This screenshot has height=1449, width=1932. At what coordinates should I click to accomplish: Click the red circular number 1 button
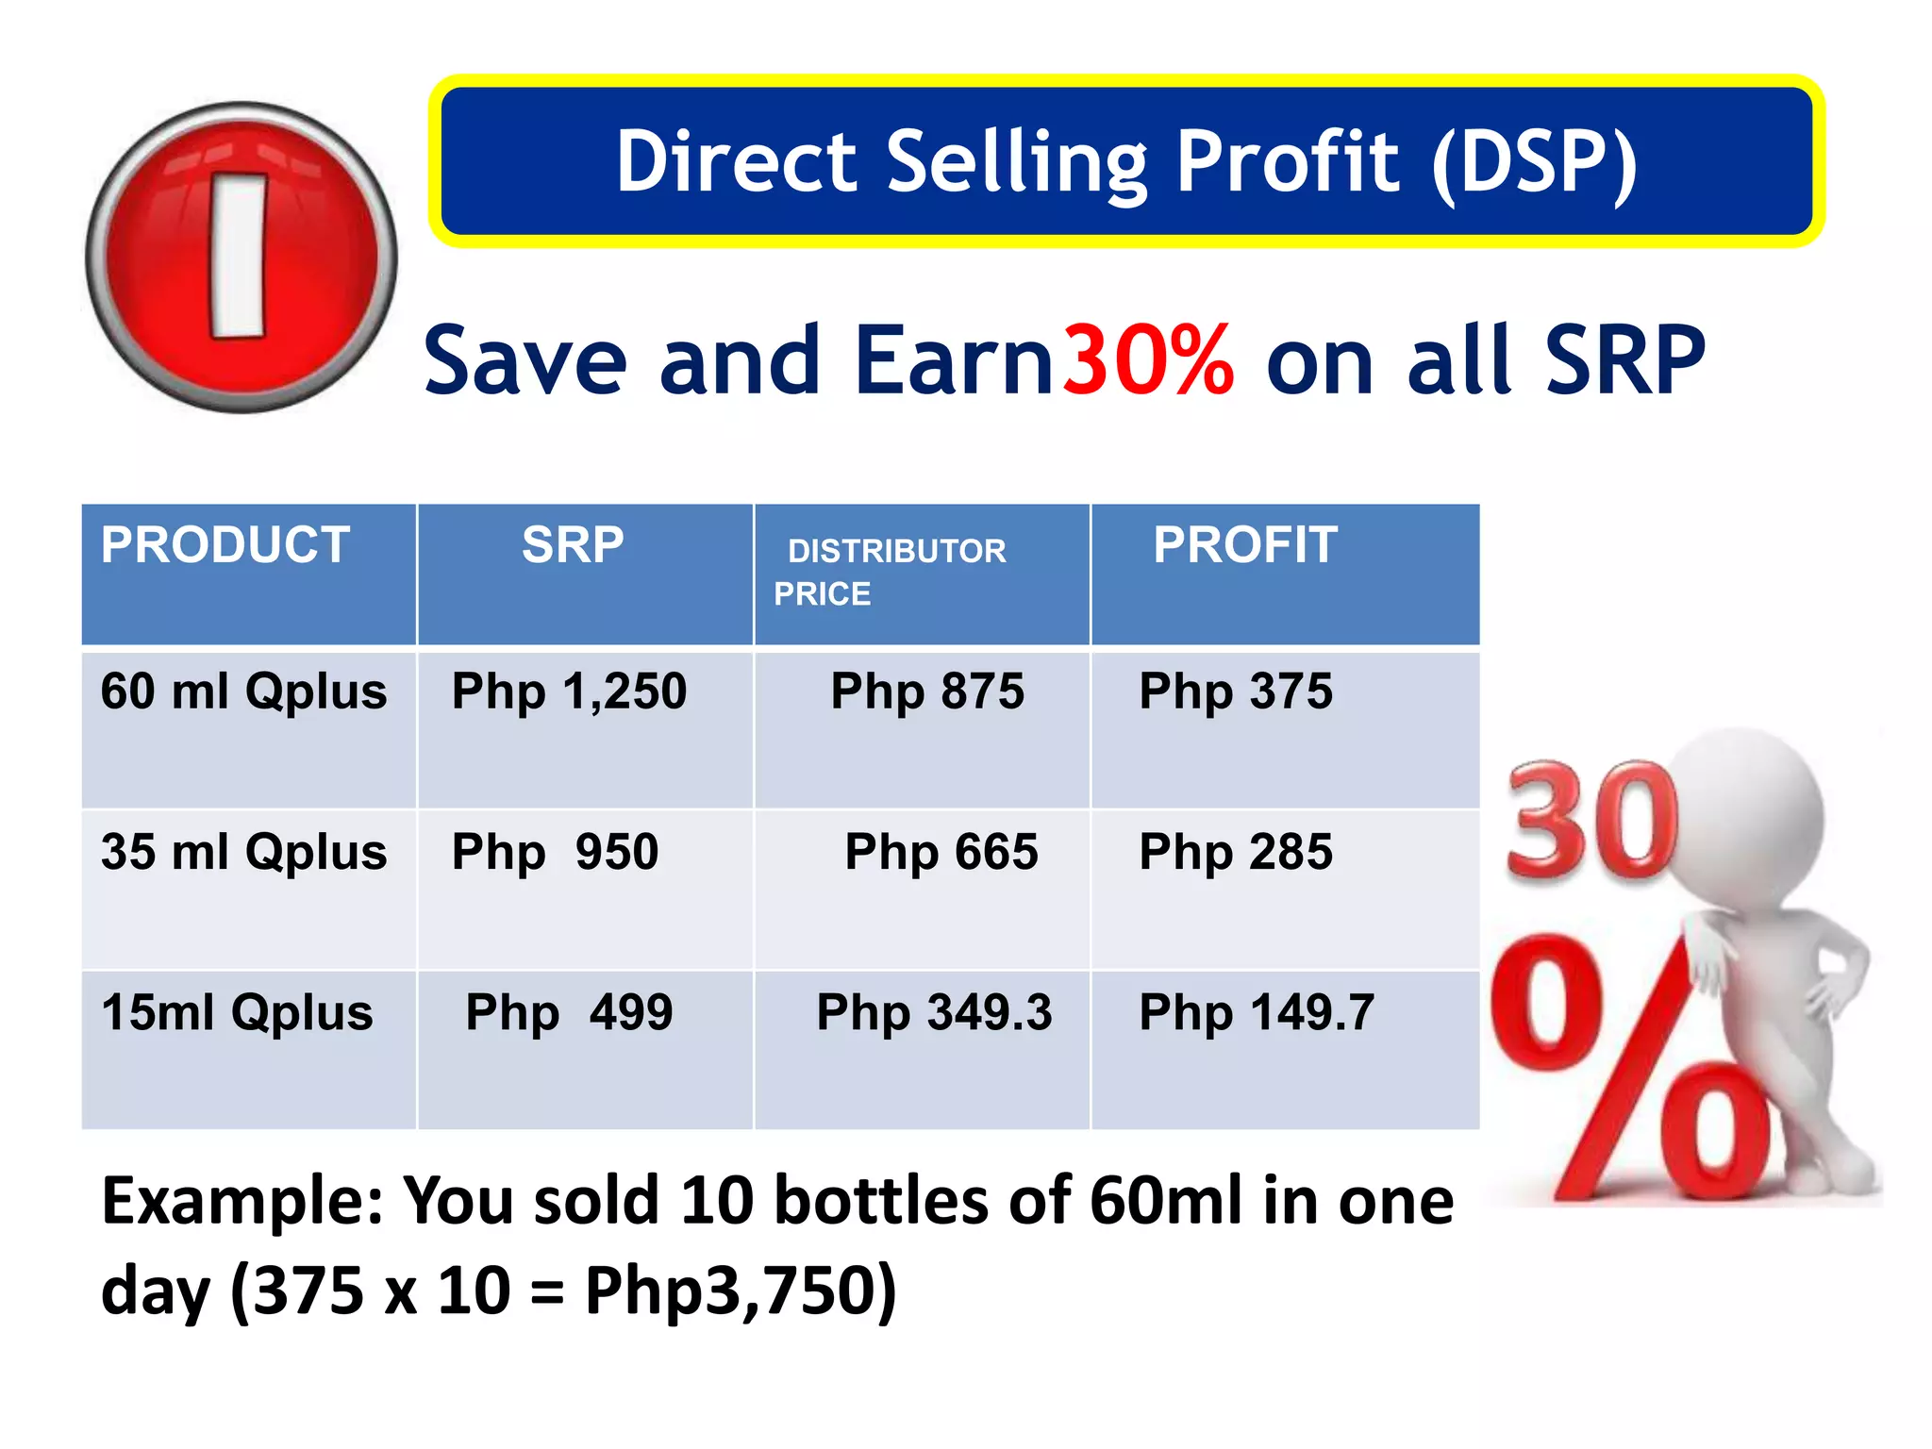tap(241, 257)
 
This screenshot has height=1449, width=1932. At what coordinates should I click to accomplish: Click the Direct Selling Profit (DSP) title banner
tap(1126, 161)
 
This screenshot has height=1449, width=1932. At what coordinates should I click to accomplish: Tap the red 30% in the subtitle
tap(1148, 360)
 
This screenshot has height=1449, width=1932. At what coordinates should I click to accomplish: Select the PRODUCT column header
tap(225, 545)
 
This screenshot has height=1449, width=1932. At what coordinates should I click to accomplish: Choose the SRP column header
tap(573, 545)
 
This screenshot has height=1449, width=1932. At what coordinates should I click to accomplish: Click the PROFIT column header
tap(1245, 545)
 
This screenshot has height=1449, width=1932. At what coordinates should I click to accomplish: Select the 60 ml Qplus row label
tap(243, 691)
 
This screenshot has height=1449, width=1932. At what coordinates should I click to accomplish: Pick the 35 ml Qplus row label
tap(243, 852)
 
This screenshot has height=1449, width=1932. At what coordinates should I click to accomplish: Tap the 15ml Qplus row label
tap(237, 1012)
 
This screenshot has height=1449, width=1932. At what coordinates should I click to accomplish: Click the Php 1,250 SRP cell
tap(569, 691)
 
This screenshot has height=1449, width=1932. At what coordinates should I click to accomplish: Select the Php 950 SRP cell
tap(555, 852)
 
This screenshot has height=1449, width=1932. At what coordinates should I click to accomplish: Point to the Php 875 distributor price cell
tap(927, 691)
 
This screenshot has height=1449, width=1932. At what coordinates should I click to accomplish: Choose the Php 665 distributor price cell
tap(941, 852)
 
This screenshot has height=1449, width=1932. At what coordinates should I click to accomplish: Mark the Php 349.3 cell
tap(934, 1012)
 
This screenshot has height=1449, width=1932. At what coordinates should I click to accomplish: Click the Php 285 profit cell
tap(1236, 852)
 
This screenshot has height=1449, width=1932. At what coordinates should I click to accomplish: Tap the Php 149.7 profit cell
tap(1257, 1012)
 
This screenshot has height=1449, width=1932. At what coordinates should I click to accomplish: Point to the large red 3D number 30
tap(1592, 821)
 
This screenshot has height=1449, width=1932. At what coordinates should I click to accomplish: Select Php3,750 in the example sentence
tap(741, 1290)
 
